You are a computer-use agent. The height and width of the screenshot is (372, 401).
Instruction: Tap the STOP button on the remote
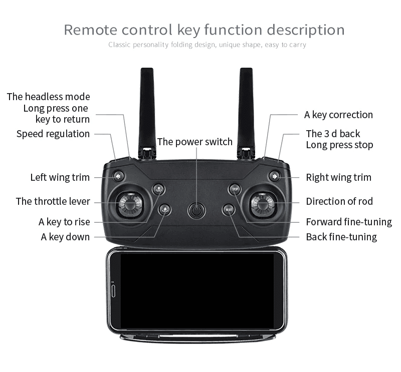(235, 189)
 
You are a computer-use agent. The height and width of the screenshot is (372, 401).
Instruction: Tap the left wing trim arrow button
(118, 176)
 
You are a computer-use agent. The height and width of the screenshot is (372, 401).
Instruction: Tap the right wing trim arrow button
(274, 176)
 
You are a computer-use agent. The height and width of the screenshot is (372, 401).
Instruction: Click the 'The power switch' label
(194, 142)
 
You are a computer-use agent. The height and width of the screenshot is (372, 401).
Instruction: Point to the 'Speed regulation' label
(53, 134)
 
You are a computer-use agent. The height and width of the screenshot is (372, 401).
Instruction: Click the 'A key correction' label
(338, 115)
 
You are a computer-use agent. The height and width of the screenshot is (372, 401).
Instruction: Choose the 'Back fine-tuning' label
(341, 237)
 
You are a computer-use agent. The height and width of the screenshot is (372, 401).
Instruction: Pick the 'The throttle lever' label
(53, 201)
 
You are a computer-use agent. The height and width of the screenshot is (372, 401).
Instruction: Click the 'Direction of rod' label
(339, 201)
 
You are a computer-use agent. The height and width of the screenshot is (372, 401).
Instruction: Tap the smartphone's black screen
(197, 291)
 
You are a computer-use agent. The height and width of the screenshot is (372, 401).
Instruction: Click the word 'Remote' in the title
(90, 30)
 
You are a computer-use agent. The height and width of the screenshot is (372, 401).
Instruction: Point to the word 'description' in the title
(306, 30)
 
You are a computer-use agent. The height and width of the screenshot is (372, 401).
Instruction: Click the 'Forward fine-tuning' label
(349, 222)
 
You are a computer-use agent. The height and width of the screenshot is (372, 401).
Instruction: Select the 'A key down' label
(65, 237)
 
